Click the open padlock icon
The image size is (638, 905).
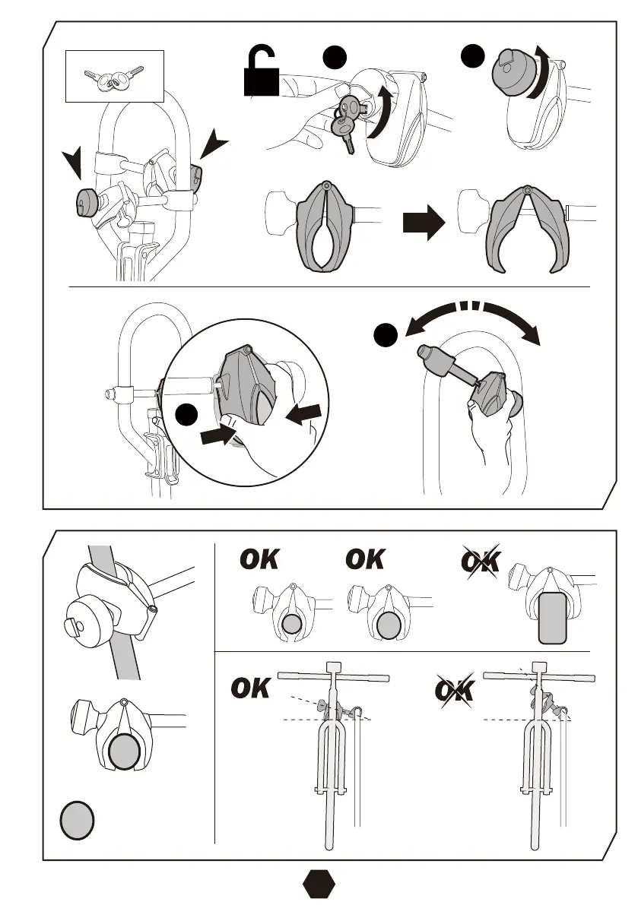click(x=261, y=75)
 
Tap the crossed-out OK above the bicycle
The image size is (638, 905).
click(x=454, y=691)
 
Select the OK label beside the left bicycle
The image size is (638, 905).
click(x=251, y=690)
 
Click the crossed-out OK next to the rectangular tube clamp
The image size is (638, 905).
click(x=481, y=561)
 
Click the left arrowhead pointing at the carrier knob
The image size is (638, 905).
click(x=74, y=163)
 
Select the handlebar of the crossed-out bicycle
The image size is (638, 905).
click(x=537, y=675)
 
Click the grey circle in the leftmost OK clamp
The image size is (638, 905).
click(x=292, y=624)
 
